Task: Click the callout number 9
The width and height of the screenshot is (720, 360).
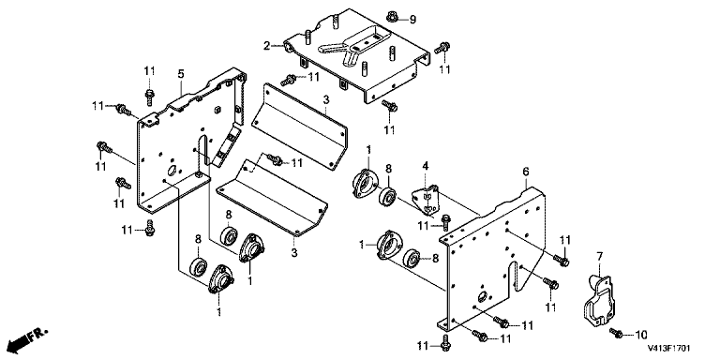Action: pos(412,20)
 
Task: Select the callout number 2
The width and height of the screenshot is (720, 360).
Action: pos(266,45)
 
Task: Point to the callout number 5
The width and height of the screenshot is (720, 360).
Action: pos(181,73)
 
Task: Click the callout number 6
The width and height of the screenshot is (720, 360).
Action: pos(526,172)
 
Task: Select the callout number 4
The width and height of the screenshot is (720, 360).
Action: pos(426,165)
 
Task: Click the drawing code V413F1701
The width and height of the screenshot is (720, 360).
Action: pos(668,349)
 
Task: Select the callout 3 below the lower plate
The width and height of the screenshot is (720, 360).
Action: pos(293,252)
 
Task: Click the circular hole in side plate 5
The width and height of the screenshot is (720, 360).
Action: pos(172,171)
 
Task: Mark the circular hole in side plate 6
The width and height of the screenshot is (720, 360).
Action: pos(482,296)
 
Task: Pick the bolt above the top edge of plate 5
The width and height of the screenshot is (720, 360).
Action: pos(149,95)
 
